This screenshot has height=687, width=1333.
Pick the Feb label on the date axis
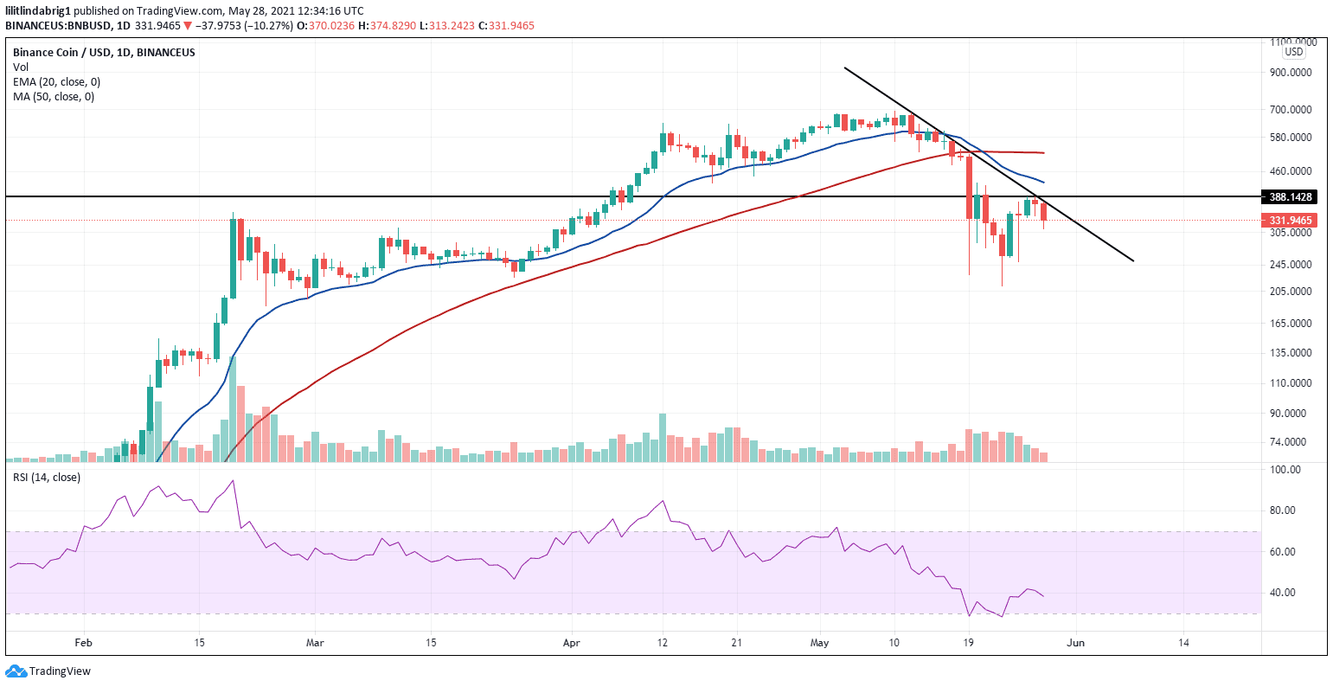point(83,643)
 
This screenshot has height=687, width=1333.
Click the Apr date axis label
point(571,643)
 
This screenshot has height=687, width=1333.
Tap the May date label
point(820,643)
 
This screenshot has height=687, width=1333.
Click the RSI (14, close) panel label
point(46,478)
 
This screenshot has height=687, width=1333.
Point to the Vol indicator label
point(21,67)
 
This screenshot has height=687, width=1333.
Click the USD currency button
point(1293,52)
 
